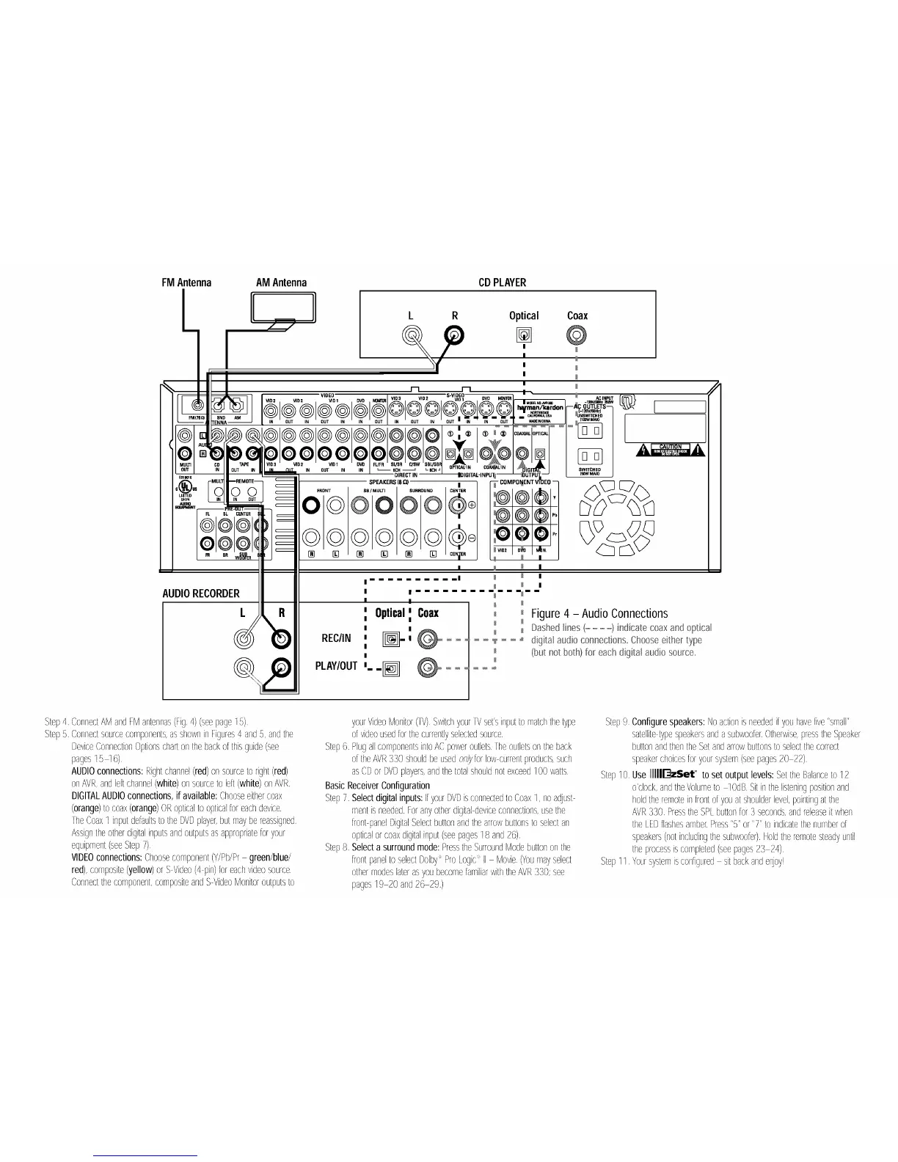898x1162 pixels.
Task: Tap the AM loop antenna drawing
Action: click(283, 307)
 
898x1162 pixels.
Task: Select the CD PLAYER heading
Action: click(502, 282)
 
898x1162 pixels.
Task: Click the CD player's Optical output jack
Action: click(524, 336)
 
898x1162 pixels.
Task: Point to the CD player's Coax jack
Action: click(577, 336)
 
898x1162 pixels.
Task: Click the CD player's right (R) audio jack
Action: click(455, 336)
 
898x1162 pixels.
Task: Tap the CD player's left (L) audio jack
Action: click(412, 336)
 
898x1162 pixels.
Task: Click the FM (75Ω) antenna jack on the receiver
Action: click(197, 404)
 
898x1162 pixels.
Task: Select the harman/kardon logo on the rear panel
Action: click(541, 407)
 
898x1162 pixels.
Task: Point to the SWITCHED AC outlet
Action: click(590, 456)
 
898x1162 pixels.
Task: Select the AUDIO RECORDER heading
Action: click(201, 593)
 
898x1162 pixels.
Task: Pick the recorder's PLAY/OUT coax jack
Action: click(428, 668)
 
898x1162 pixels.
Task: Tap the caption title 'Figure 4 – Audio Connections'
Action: click(599, 613)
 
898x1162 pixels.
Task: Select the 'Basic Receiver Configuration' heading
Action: click(377, 785)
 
